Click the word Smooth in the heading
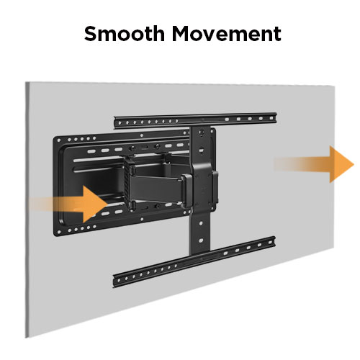(125, 34)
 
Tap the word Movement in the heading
(226, 34)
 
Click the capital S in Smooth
(91, 34)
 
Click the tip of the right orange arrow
(354, 165)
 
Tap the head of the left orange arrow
(96, 204)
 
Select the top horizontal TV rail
(195, 120)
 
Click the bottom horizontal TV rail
(194, 262)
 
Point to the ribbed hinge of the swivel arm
(128, 183)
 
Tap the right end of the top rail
(276, 117)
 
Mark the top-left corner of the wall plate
(53, 138)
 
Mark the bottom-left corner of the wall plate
(54, 235)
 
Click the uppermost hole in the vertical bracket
(202, 132)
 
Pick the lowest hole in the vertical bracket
(201, 240)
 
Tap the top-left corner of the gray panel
(26, 82)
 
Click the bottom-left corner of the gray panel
(26, 338)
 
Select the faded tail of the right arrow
(286, 164)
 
